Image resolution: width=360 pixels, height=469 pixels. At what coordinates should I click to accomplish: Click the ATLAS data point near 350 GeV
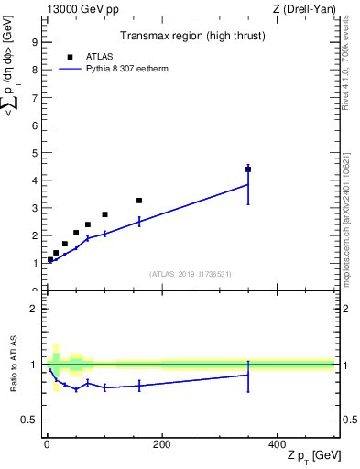click(x=248, y=169)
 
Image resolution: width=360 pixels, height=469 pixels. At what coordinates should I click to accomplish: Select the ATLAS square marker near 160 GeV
click(x=139, y=201)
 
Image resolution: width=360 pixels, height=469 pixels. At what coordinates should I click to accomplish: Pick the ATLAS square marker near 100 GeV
click(x=104, y=214)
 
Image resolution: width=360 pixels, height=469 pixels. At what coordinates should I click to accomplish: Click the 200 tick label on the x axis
click(x=161, y=444)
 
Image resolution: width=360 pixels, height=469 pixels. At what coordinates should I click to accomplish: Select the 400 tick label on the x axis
click(x=277, y=444)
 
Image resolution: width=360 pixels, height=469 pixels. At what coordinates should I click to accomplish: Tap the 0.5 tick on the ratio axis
click(x=28, y=420)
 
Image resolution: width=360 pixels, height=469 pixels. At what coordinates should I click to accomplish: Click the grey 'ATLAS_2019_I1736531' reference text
click(x=190, y=273)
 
